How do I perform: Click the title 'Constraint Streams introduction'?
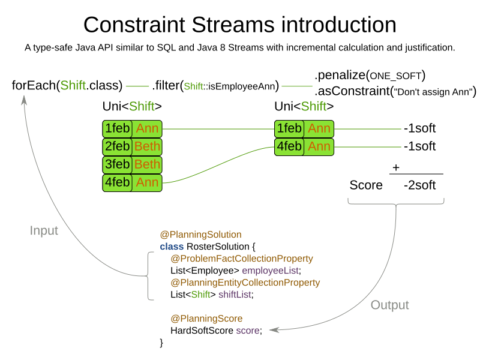(239, 25)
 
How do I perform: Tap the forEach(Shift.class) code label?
(67, 85)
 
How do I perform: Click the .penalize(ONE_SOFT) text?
(370, 75)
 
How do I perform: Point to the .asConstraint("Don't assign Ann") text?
(395, 91)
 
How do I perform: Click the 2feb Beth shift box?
(133, 146)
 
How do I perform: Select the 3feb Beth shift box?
(133, 164)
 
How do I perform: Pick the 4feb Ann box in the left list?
(133, 182)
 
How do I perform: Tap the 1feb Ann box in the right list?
(304, 128)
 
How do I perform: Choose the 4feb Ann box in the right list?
(304, 146)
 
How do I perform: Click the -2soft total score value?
(419, 185)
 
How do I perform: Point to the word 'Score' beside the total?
(366, 185)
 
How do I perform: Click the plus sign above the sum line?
(396, 168)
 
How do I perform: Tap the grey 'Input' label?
(44, 230)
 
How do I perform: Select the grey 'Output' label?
(389, 305)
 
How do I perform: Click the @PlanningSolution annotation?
(200, 235)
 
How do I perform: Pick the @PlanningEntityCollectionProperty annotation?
(245, 283)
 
